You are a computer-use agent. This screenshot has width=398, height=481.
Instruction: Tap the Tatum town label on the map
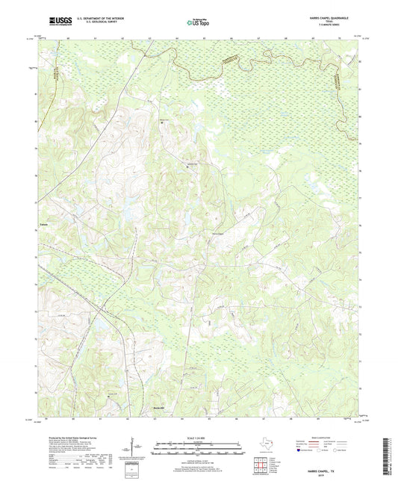(x=45, y=223)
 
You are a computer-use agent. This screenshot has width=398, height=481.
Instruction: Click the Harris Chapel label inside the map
(x=217, y=237)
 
